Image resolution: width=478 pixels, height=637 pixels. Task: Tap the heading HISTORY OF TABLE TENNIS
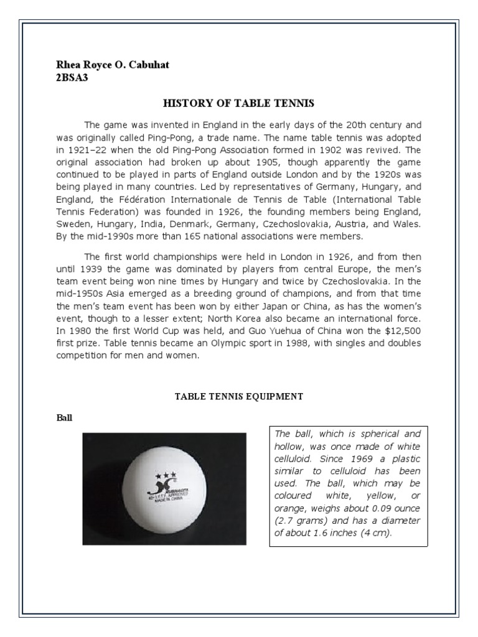238,103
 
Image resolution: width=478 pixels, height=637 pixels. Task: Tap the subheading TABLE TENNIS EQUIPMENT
238,396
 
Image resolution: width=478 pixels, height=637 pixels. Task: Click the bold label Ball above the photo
64,418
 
